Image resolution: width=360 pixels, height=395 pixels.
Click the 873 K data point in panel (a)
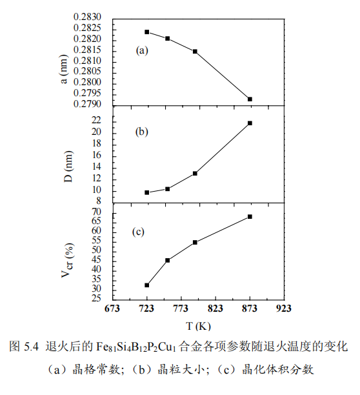coord(250,99)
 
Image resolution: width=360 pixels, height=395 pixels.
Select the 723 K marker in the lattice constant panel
coord(146,32)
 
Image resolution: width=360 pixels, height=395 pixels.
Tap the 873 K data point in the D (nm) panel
coord(250,123)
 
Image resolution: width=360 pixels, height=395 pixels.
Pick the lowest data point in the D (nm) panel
coord(146,193)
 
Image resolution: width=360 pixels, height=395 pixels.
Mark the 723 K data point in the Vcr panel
coord(146,285)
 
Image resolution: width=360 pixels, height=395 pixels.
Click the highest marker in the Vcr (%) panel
coord(250,217)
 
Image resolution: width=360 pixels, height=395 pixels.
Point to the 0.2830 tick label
coord(87,17)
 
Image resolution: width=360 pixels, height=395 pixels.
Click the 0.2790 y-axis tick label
coord(87,104)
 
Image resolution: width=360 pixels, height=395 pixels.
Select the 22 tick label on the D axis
coord(96,120)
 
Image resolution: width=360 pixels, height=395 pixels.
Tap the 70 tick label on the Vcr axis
coord(96,212)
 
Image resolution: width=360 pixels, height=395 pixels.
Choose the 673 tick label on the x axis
coord(112,309)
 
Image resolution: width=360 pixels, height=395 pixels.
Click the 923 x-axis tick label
coord(283,309)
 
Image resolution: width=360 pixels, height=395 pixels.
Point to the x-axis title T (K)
coord(198,326)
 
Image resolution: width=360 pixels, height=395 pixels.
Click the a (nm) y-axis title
coord(64,69)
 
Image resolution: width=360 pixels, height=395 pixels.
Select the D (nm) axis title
coord(68,167)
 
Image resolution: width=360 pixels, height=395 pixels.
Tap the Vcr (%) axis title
coord(68,261)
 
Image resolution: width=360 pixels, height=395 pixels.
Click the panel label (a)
coord(142,50)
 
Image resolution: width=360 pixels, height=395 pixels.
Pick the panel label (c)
coord(138,232)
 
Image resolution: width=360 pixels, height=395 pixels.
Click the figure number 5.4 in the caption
coord(31,347)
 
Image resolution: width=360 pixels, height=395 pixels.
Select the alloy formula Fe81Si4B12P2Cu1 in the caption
coord(136,347)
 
